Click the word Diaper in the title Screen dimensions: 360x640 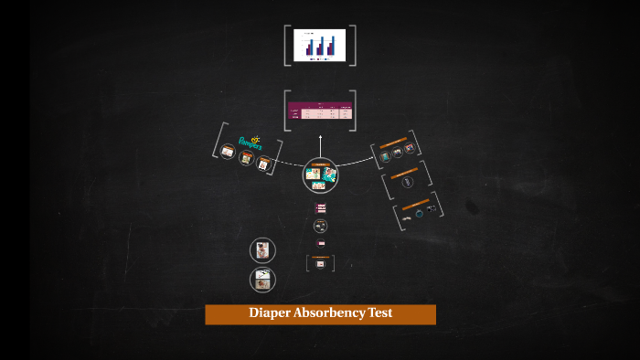point(269,313)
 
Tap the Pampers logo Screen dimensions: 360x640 point(250,142)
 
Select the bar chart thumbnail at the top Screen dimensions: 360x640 point(320,44)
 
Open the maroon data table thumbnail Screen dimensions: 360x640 point(320,111)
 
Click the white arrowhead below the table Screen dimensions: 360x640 point(320,138)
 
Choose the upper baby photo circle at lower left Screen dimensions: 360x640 point(262,250)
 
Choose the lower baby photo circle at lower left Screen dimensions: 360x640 point(262,280)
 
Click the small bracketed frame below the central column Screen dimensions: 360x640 point(320,263)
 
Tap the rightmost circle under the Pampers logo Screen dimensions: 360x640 point(264,164)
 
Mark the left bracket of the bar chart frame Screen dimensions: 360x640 point(287,45)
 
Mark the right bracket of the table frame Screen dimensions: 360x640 point(353,111)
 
